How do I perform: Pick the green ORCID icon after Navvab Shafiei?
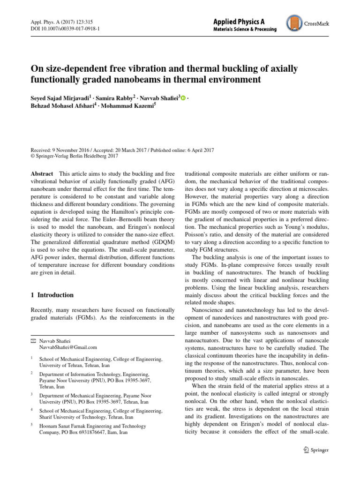click(x=183, y=98)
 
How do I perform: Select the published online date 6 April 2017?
click(x=197, y=150)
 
